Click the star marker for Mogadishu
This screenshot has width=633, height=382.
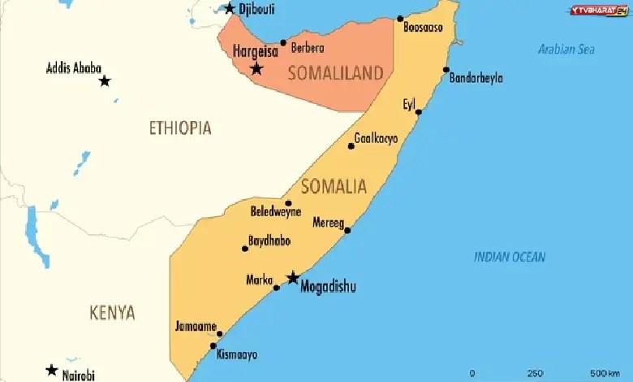pos(292,278)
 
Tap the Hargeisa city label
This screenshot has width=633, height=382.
pos(255,51)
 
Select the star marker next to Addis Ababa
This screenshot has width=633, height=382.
pos(105,80)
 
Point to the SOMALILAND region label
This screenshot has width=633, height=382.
pos(336,74)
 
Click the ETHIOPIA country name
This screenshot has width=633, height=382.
pos(180,128)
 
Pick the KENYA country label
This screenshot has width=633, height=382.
pos(112,313)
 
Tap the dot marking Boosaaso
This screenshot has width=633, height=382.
pos(400,19)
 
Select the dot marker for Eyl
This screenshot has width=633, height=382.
pos(419,111)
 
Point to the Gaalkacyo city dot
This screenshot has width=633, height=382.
pos(351,146)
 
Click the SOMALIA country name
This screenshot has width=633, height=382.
pos(334,186)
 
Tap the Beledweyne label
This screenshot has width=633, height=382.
pos(276,211)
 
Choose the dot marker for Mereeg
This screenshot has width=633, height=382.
pos(347,230)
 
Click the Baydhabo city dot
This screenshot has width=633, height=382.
pos(245,249)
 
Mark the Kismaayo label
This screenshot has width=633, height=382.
pos(237,354)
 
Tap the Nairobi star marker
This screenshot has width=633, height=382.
pos(52,371)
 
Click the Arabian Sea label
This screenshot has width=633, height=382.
pos(566,50)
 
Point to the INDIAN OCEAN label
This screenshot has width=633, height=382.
pos(510,257)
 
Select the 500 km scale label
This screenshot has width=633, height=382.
pos(605,373)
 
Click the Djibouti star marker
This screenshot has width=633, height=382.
pos(230,9)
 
